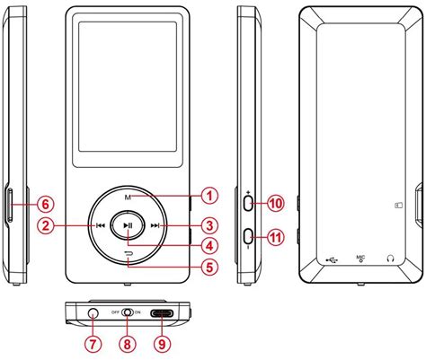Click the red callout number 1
[x=209, y=196]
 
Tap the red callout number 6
[x=46, y=205]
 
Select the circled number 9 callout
[x=162, y=344]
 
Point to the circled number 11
[x=276, y=238]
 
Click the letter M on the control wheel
[x=128, y=198]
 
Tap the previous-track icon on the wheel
[x=101, y=225]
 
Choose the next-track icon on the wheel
[x=155, y=225]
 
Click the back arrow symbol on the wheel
[x=129, y=254]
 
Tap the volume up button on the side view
[x=249, y=204]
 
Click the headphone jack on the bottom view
[x=93, y=312]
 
